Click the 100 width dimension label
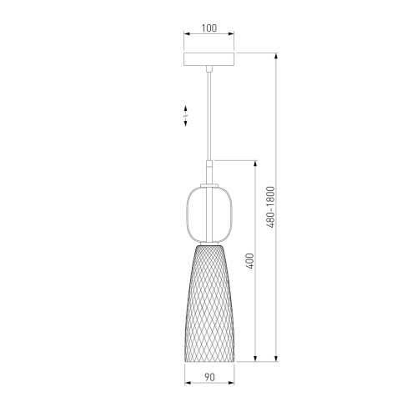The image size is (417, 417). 209,28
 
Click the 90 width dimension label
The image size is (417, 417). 209,377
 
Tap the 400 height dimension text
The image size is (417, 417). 250,261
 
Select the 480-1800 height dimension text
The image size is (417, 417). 270,207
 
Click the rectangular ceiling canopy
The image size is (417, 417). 209,59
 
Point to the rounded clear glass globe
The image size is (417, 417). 209,214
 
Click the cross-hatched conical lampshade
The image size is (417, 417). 209,303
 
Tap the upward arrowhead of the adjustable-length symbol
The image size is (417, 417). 185,108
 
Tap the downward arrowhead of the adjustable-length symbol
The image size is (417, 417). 185,123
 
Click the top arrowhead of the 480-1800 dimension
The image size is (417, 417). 276,56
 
